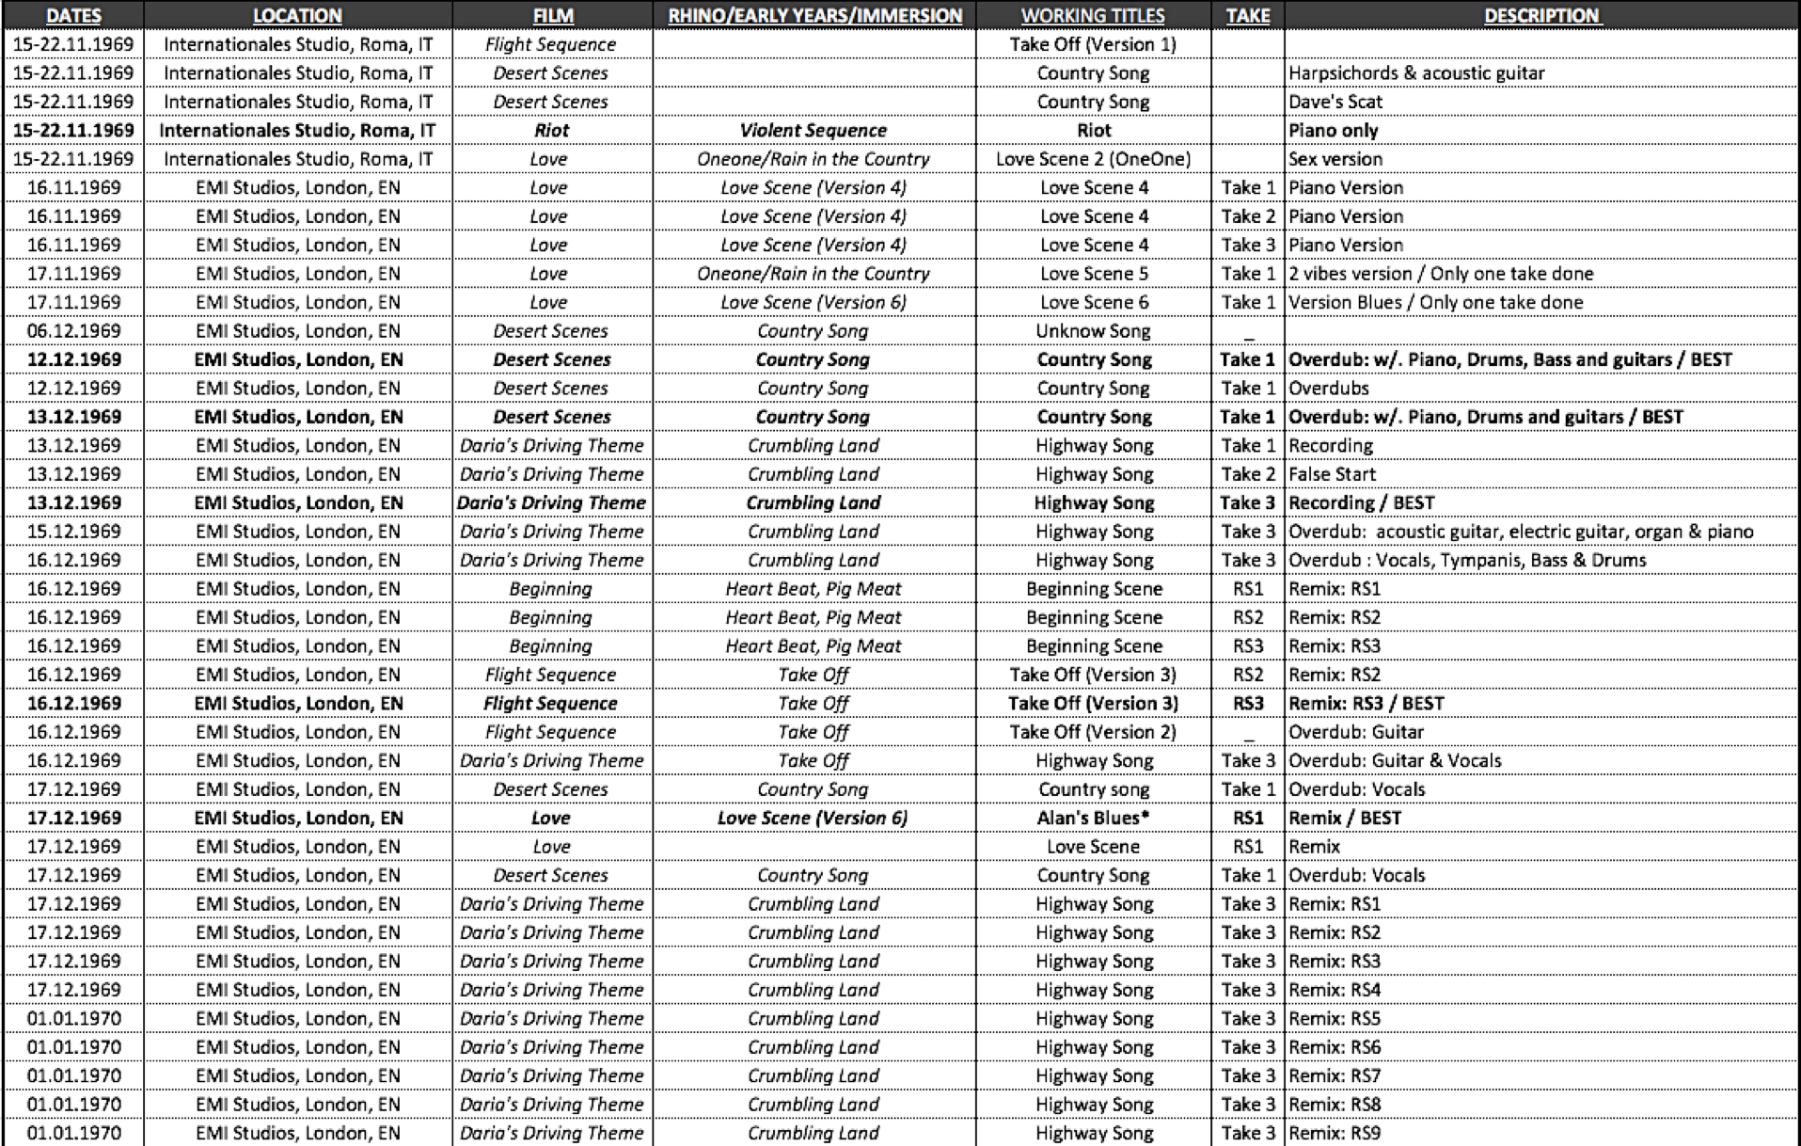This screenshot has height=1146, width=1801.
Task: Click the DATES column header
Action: click(73, 15)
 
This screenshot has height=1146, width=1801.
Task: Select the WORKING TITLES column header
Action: click(1093, 15)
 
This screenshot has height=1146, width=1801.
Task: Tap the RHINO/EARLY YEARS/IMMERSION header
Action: click(814, 15)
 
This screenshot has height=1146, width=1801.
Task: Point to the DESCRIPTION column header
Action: click(1541, 15)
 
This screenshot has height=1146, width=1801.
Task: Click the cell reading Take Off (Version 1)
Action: click(1093, 44)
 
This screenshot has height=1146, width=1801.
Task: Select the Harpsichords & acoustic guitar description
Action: click(1416, 72)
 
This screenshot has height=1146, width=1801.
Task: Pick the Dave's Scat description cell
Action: click(1335, 102)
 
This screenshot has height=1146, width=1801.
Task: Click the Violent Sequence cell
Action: click(814, 130)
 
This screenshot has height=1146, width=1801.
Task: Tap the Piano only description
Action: click(1334, 130)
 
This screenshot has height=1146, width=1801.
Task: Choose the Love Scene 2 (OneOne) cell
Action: click(1093, 159)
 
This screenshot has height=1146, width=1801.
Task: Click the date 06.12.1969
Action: click(73, 330)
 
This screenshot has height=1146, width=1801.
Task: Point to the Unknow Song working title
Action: click(1093, 330)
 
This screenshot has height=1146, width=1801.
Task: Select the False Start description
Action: click(1332, 474)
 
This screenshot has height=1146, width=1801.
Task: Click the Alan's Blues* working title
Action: click(1093, 818)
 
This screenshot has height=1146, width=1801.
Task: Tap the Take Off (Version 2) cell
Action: click(1093, 732)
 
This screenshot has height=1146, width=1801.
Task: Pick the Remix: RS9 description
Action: click(1335, 1133)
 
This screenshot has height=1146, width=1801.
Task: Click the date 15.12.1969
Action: click(73, 532)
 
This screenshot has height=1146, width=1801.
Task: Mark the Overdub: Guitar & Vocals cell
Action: click(1395, 760)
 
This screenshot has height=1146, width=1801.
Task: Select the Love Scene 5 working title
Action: click(1093, 274)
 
